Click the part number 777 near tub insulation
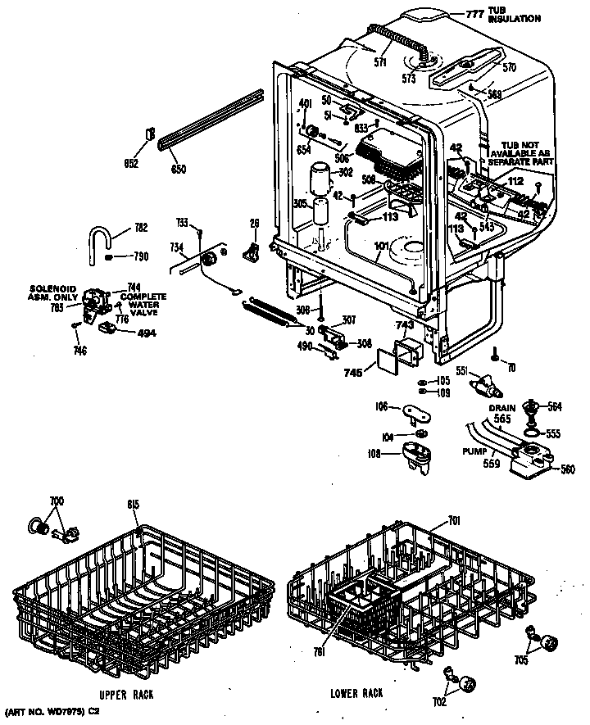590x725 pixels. (x=474, y=11)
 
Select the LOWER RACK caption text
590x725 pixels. (x=356, y=694)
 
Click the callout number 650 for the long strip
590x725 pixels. (x=179, y=170)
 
